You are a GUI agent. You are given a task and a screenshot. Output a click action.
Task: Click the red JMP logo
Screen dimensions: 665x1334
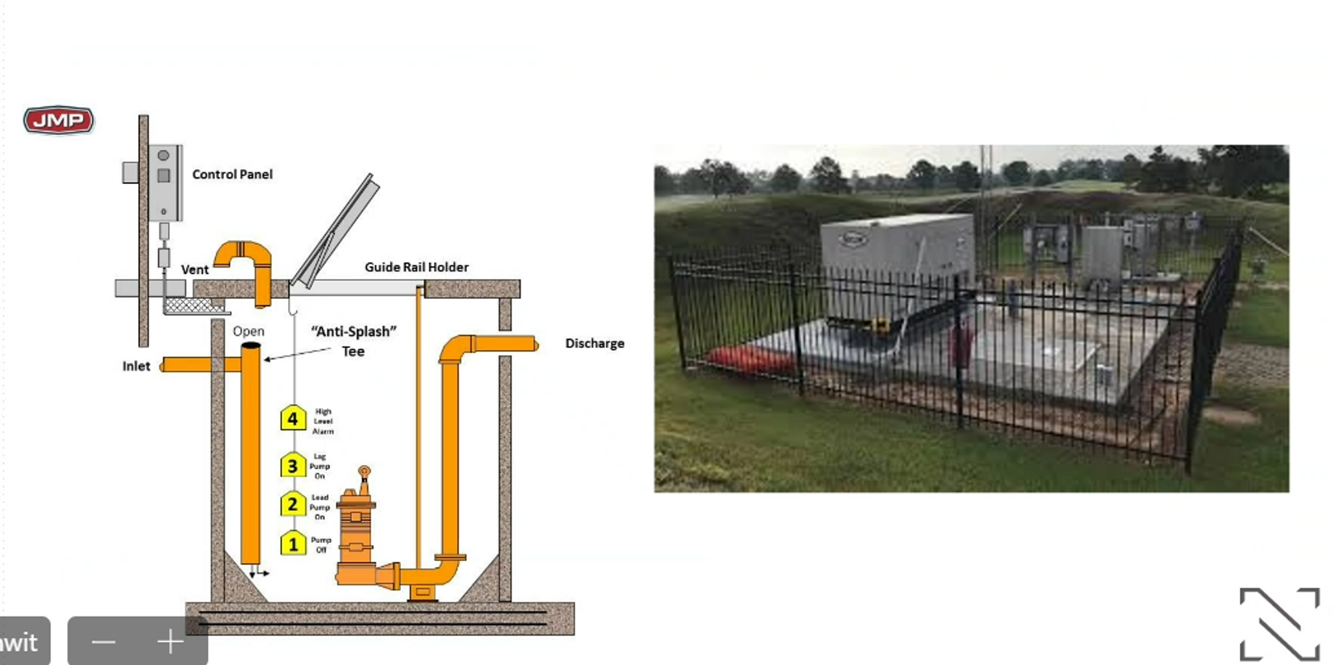59,120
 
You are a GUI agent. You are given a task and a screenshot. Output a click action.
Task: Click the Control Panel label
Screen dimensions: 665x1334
232,175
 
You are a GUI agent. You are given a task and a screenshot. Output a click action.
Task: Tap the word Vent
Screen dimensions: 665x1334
195,269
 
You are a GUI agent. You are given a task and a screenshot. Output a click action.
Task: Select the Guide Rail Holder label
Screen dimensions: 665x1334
416,267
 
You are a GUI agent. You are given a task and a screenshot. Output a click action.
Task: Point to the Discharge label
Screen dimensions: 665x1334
594,344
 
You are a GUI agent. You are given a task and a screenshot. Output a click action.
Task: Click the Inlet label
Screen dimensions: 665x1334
136,366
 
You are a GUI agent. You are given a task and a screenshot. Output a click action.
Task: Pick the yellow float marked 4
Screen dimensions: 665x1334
293,419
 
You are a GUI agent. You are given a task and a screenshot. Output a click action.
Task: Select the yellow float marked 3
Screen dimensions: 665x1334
293,466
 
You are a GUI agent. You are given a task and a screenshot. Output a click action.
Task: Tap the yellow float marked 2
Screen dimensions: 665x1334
293,504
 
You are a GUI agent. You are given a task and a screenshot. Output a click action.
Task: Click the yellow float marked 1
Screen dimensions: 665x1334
293,544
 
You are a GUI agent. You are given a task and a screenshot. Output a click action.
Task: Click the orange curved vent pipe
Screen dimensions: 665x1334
245,260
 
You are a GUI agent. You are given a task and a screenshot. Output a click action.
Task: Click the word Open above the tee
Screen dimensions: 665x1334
248,331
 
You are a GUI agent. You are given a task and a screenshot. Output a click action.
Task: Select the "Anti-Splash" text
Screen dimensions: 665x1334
354,331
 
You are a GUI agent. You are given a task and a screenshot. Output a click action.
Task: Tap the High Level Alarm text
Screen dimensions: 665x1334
323,422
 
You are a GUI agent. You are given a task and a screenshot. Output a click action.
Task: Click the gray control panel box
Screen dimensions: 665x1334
164,182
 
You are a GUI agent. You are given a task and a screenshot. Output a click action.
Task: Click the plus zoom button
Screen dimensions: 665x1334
170,642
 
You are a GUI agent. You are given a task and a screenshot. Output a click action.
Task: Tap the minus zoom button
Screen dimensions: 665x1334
104,642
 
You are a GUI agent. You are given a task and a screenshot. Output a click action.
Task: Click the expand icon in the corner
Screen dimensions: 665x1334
1279,623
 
